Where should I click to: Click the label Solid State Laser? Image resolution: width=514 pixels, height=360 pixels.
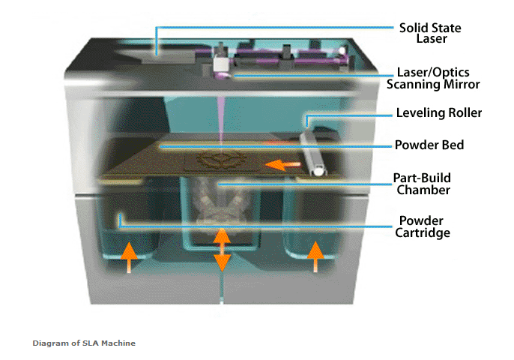pyautogui.click(x=430, y=33)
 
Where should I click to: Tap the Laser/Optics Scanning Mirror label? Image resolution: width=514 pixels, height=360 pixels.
pyautogui.click(x=433, y=78)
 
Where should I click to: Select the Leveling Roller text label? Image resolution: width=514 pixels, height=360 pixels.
pyautogui.click(x=439, y=113)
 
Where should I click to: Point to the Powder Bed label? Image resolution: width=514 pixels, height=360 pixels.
pyautogui.click(x=429, y=145)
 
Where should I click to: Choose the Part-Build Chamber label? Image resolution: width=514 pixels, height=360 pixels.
pyautogui.click(x=423, y=184)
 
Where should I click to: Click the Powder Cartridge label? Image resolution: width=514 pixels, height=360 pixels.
pyautogui.click(x=423, y=226)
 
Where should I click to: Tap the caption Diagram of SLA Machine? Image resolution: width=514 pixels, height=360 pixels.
pyautogui.click(x=84, y=343)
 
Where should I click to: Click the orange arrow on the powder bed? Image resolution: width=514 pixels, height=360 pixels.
pyautogui.click(x=282, y=165)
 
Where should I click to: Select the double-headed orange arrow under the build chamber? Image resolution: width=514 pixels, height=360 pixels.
pyautogui.click(x=222, y=250)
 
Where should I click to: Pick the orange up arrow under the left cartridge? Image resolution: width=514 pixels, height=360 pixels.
pyautogui.click(x=129, y=257)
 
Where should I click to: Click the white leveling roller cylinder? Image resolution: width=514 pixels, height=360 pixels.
pyautogui.click(x=312, y=153)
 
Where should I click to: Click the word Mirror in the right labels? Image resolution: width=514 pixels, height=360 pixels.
pyautogui.click(x=462, y=84)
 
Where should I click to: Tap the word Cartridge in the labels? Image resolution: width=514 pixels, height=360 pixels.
pyautogui.click(x=423, y=232)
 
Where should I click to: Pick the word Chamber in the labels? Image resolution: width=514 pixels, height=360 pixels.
pyautogui.click(x=423, y=190)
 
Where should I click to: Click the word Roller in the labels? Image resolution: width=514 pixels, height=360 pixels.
pyautogui.click(x=465, y=113)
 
